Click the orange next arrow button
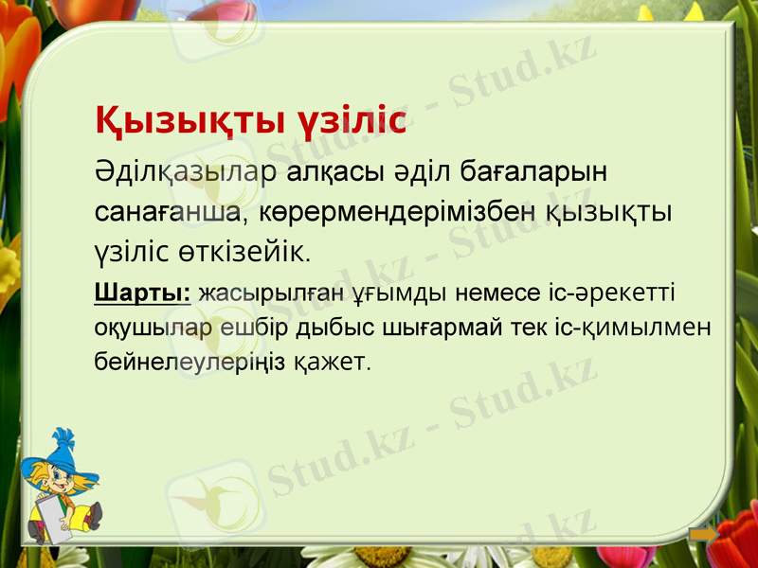703,536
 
